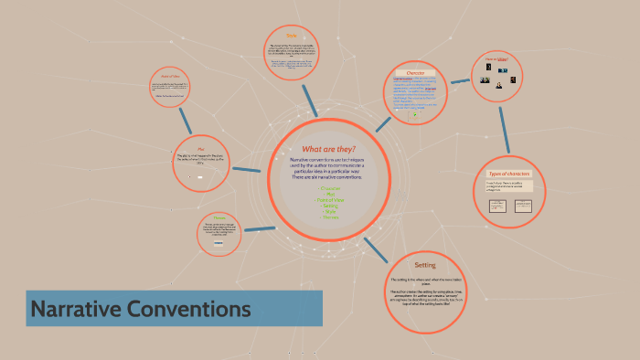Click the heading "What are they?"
[328, 149]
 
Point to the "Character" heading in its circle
[409, 72]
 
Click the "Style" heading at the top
[292, 37]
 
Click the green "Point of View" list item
[328, 200]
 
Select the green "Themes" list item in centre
[328, 217]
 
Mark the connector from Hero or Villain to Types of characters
[504, 128]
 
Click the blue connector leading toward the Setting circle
[374, 247]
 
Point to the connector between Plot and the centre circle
[247, 169]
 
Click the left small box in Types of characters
[498, 206]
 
